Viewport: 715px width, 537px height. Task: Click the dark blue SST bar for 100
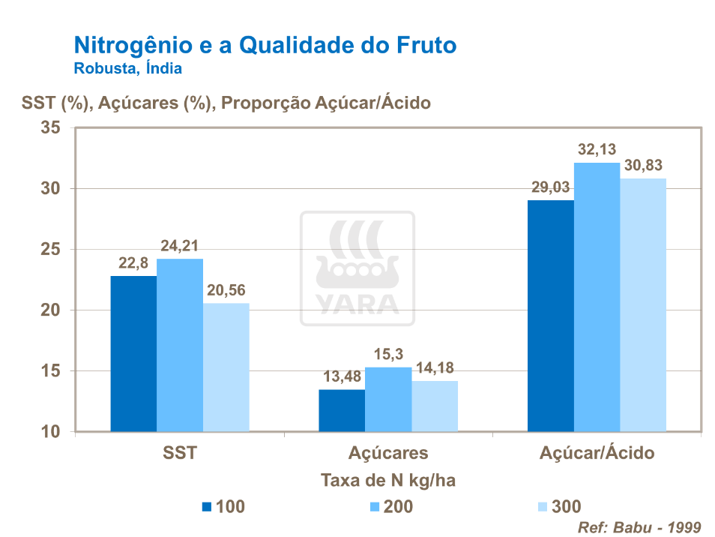pos(133,354)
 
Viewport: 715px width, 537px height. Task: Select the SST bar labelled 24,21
pos(180,345)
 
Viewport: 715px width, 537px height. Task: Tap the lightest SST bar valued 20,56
pos(226,367)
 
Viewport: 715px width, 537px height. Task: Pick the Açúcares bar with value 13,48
pos(342,410)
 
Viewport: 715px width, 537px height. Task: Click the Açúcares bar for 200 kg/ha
pos(388,399)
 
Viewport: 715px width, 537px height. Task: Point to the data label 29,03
pos(551,187)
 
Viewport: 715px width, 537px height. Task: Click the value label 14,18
pos(435,368)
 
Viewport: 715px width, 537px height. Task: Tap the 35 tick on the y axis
pos(50,127)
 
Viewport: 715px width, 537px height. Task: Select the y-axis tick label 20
pos(50,310)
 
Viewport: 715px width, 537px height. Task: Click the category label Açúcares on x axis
pos(388,453)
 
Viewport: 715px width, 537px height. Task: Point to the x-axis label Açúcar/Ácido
pos(597,453)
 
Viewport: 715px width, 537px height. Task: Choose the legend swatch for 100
pos(208,506)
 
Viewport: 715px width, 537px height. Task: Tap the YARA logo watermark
pos(357,268)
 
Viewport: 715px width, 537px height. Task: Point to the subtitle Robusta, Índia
pos(127,69)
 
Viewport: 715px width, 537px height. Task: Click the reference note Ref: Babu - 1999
pos(639,526)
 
